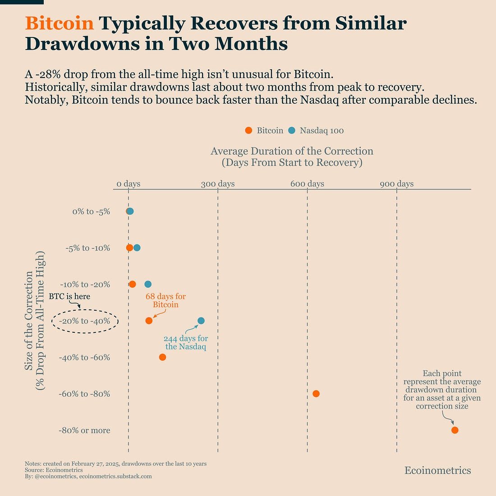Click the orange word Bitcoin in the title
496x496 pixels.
click(x=60, y=23)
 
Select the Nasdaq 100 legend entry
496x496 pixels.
click(x=316, y=131)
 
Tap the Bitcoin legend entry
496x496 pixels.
click(x=264, y=131)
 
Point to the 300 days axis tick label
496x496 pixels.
click(x=218, y=184)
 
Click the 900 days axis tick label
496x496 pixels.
click(x=396, y=184)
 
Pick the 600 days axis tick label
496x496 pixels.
click(x=307, y=184)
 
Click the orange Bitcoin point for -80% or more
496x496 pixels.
click(x=455, y=430)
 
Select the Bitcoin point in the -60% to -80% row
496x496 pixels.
click(x=316, y=394)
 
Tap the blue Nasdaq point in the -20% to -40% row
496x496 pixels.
click(x=201, y=321)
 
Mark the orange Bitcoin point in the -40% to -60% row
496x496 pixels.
click(x=163, y=357)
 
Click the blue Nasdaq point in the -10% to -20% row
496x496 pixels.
click(x=148, y=284)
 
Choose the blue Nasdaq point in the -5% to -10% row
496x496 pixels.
click(x=137, y=248)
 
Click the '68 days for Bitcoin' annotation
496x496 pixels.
click(x=165, y=301)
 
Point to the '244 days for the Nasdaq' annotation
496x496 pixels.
click(x=186, y=343)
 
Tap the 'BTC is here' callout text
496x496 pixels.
click(x=69, y=297)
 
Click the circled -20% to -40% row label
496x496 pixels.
click(x=85, y=321)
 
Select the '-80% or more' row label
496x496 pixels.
click(x=84, y=431)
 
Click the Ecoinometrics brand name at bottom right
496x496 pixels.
click(x=437, y=471)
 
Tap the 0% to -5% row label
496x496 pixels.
click(x=91, y=211)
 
